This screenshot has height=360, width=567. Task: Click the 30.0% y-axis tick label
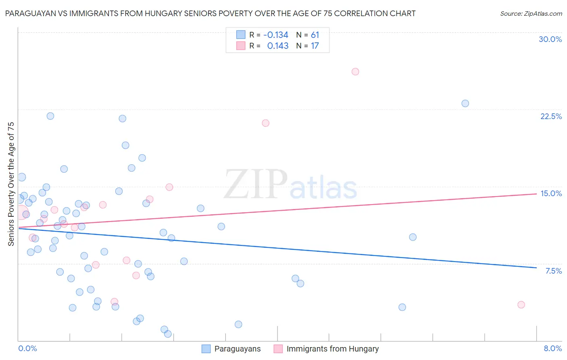point(550,39)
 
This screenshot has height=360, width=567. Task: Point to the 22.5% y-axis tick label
point(551,116)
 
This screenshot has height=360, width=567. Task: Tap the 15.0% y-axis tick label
point(551,193)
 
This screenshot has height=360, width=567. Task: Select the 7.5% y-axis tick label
point(553,271)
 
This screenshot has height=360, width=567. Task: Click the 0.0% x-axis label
point(27,348)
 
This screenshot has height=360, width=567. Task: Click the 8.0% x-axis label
point(552,348)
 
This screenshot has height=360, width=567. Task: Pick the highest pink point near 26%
point(355,71)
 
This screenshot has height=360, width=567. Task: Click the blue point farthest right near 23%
point(465,103)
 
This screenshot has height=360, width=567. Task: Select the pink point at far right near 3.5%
point(521,305)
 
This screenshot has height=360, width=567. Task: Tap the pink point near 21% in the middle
point(265,123)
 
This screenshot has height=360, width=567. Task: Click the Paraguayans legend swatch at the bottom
point(206,349)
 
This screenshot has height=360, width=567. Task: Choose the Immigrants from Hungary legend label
point(332,349)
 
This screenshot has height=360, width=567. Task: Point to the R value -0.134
point(276,35)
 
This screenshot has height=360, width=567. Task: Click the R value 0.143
point(278,46)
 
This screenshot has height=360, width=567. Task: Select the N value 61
point(315,35)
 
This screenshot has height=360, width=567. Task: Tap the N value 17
point(315,46)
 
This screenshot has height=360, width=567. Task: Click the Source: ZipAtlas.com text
point(531,14)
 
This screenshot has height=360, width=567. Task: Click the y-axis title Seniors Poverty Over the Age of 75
point(11,184)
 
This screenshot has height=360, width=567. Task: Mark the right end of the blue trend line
point(536,268)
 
